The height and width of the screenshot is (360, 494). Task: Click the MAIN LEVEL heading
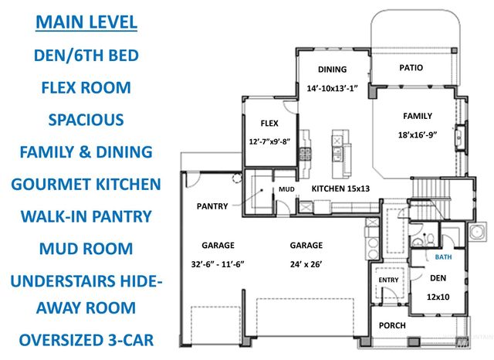click(x=86, y=20)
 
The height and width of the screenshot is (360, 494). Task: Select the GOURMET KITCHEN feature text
click(x=86, y=185)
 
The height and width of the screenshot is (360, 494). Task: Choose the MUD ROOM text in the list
click(x=86, y=249)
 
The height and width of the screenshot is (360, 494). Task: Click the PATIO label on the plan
click(x=411, y=68)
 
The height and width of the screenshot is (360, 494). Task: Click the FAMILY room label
click(x=418, y=116)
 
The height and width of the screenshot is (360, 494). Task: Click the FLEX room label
click(x=269, y=123)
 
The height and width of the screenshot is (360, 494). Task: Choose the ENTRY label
click(x=384, y=280)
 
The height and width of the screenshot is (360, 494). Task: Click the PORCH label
click(x=392, y=325)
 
